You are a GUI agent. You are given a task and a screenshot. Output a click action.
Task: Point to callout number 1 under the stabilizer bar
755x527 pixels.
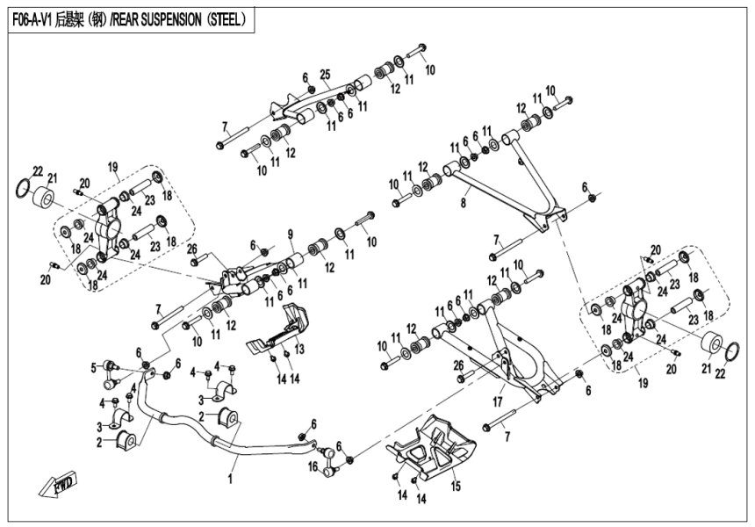tap(231, 480)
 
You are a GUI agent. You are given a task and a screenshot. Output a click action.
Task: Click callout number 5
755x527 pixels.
tap(94, 366)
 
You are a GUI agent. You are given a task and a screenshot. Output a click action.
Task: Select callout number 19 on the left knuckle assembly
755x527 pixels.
tap(112, 165)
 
